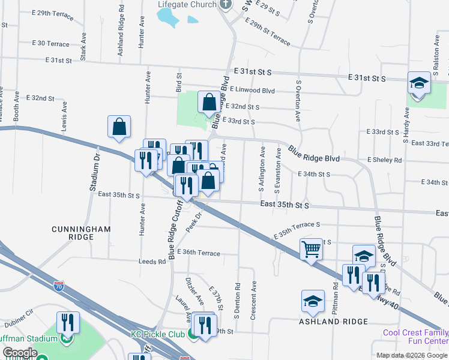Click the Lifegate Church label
click(x=186, y=5)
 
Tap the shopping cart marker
click(x=311, y=248)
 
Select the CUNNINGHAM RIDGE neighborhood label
click(x=81, y=233)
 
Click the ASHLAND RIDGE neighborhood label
click(x=334, y=322)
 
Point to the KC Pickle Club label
click(x=160, y=334)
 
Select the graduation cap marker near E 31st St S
click(x=419, y=83)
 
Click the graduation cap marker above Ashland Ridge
click(x=313, y=301)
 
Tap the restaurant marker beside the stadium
click(x=68, y=322)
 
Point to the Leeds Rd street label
click(x=152, y=262)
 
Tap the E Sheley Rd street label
click(x=384, y=160)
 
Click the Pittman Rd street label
click(x=336, y=301)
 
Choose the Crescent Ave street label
click(x=254, y=300)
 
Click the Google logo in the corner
click(x=20, y=353)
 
